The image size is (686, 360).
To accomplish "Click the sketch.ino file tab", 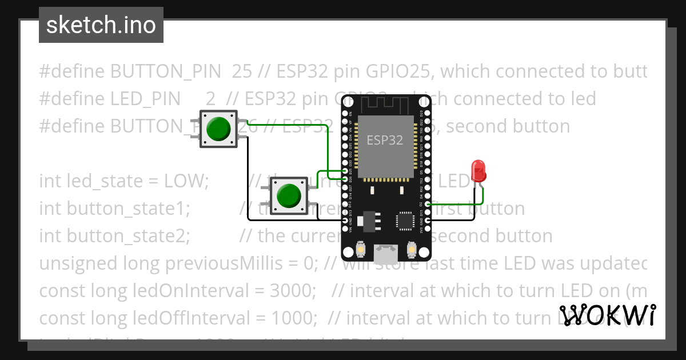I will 101,25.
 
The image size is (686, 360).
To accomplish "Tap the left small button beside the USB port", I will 361,250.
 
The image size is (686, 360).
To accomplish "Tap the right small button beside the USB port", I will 411,250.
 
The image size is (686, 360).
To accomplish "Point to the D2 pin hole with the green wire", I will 428,204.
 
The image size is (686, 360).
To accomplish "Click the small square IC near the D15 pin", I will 405,220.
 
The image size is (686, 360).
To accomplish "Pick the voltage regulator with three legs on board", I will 366,220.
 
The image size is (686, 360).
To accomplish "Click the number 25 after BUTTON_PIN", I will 242,71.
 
